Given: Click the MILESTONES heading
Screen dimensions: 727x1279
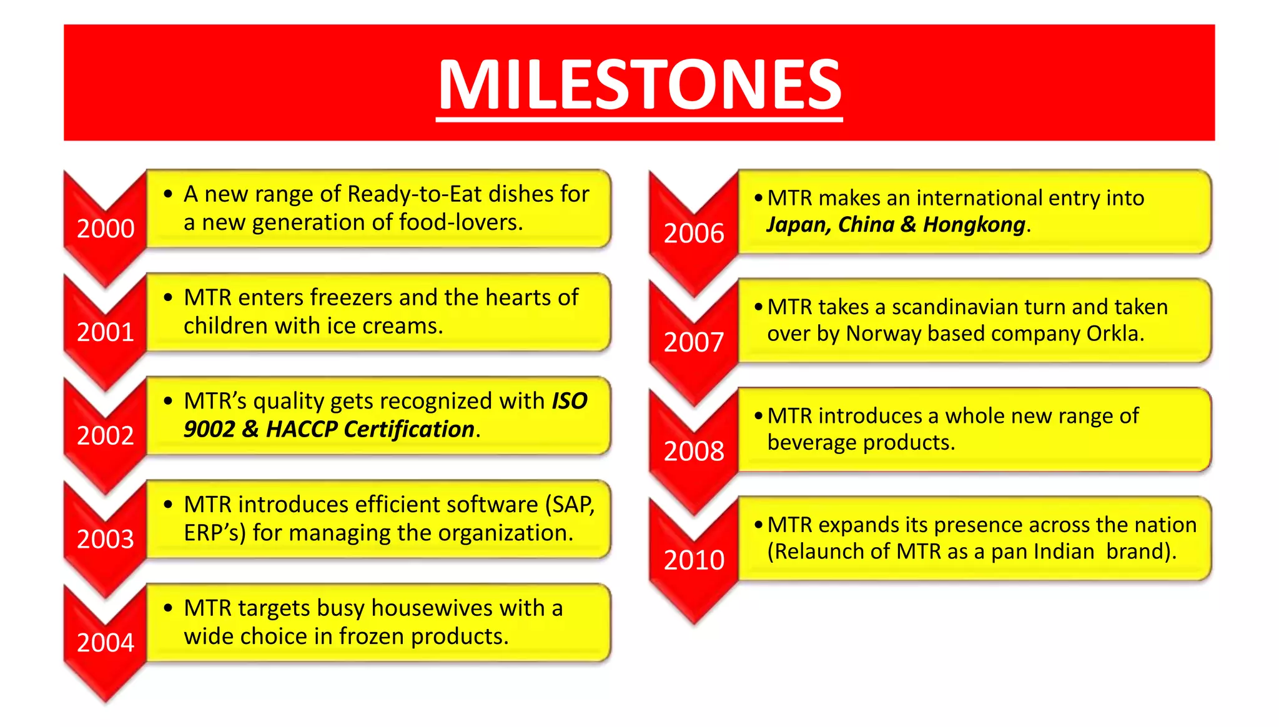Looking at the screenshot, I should click(639, 84).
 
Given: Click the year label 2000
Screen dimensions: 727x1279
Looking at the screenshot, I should click(106, 229).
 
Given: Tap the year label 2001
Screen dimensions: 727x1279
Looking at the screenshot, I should click(106, 332).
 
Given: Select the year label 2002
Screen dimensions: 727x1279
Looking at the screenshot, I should click(106, 435).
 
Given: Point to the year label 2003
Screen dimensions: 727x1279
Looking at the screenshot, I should click(106, 539).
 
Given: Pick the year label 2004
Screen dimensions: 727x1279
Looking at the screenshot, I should click(106, 643).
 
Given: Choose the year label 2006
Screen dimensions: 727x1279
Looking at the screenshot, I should click(694, 234).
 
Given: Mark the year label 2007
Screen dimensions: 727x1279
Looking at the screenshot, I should click(694, 342).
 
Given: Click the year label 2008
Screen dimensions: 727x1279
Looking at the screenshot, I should click(694, 451).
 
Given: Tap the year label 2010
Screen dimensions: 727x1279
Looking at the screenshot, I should click(694, 560).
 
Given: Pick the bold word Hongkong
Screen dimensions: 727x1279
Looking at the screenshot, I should click(974, 225).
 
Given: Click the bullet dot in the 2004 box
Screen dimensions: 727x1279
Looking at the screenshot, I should click(168, 608).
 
